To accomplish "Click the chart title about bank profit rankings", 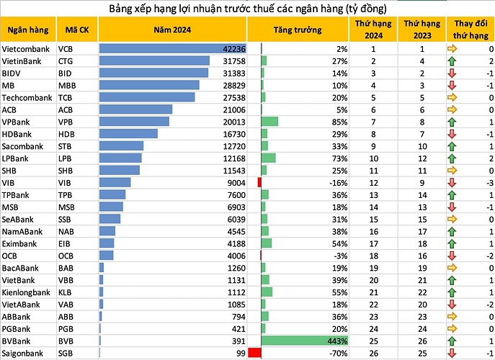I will pos(248,9).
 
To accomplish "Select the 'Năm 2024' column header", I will pos(172,30).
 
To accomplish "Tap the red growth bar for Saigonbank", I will pos(254,353).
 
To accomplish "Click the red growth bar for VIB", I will pos(259,182).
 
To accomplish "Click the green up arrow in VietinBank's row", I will pos(452,60).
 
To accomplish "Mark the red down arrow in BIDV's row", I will pos(452,73).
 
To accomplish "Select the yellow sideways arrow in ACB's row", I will pos(452,109).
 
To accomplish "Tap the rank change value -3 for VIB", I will pos(488,182).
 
